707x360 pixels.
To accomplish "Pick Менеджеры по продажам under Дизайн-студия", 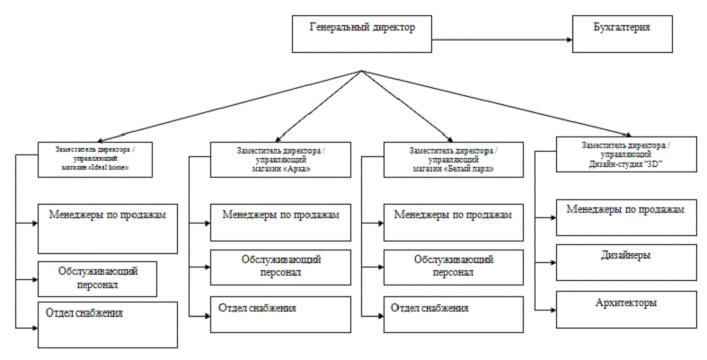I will tap(625, 215).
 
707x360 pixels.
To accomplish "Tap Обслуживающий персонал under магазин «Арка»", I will tap(279, 267).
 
